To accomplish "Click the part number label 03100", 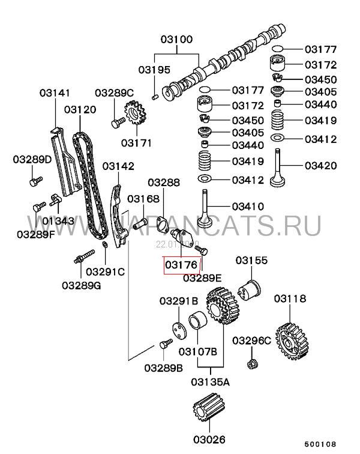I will (176, 40).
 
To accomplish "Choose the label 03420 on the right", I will (320, 165).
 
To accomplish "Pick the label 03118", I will (290, 298).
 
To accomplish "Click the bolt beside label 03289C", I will (117, 122).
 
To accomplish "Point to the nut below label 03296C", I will (252, 363).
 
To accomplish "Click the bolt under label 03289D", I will (36, 180).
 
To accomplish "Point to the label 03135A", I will (211, 381).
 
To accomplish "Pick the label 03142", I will (118, 166).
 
